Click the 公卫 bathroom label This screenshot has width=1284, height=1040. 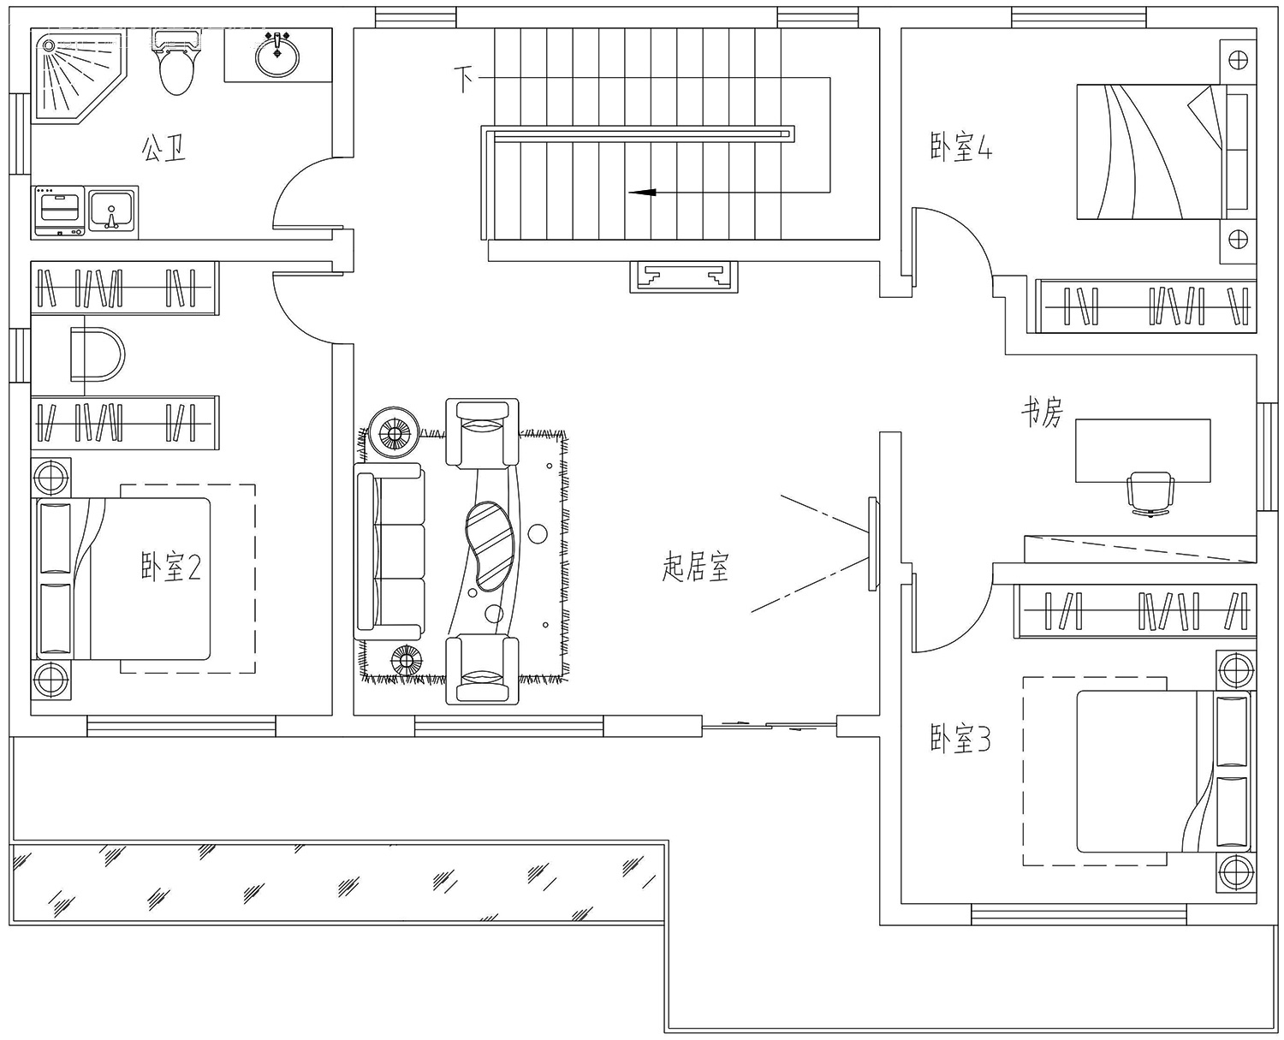163,148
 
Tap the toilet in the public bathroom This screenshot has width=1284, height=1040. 176,62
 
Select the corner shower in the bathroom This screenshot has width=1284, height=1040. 79,76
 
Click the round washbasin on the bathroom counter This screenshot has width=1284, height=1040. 277,56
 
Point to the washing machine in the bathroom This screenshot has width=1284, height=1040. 59,211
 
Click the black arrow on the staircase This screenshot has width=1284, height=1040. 642,193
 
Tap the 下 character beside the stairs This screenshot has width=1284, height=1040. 463,80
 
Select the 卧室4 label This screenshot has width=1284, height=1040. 961,147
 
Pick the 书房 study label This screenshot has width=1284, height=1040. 1042,413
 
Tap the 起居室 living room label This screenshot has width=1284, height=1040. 696,567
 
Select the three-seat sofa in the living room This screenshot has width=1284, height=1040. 389,551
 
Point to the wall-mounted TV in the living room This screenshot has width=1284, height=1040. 872,544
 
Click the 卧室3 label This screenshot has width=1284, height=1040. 960,739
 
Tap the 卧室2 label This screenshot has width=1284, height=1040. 170,567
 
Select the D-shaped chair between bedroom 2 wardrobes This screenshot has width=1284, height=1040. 98,354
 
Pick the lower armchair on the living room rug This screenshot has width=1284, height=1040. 482,669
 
